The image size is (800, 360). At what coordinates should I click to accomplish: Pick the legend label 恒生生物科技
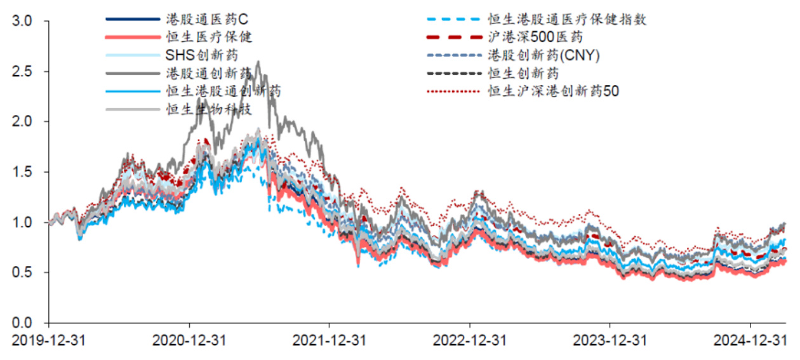click(210, 109)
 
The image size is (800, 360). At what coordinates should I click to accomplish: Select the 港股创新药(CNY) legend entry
click(544, 55)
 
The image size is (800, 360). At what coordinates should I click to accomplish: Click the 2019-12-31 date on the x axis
click(49, 341)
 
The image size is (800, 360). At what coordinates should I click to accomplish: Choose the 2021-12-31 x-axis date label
click(330, 341)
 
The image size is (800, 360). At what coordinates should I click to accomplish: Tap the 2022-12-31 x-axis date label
click(470, 341)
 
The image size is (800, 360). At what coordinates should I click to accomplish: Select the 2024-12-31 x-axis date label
click(750, 341)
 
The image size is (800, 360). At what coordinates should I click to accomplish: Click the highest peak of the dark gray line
click(258, 62)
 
